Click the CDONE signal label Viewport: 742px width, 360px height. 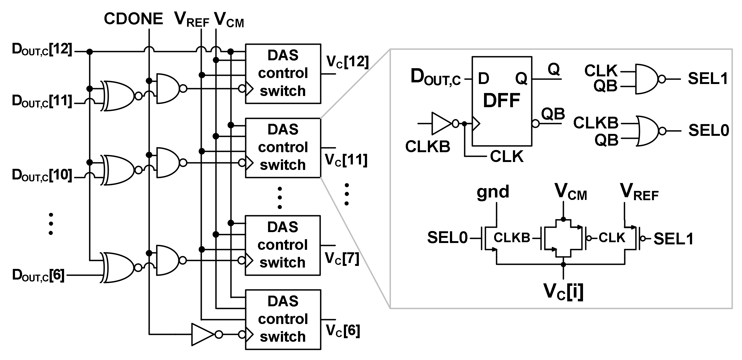(133, 19)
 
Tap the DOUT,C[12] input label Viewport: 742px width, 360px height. (42, 50)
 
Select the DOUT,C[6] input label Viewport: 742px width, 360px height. (38, 275)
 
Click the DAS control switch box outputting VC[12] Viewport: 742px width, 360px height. (283, 74)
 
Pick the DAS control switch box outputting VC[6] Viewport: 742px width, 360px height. (283, 319)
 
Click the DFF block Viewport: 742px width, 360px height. (501, 101)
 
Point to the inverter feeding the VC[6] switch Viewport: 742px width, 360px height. (203, 334)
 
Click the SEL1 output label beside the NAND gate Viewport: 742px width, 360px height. (708, 79)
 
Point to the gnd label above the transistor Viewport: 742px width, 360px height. (493, 192)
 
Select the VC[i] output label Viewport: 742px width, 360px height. (563, 292)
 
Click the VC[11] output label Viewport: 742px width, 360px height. (346, 160)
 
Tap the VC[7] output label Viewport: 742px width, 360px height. (342, 258)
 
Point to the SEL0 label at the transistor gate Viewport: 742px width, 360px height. (447, 238)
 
